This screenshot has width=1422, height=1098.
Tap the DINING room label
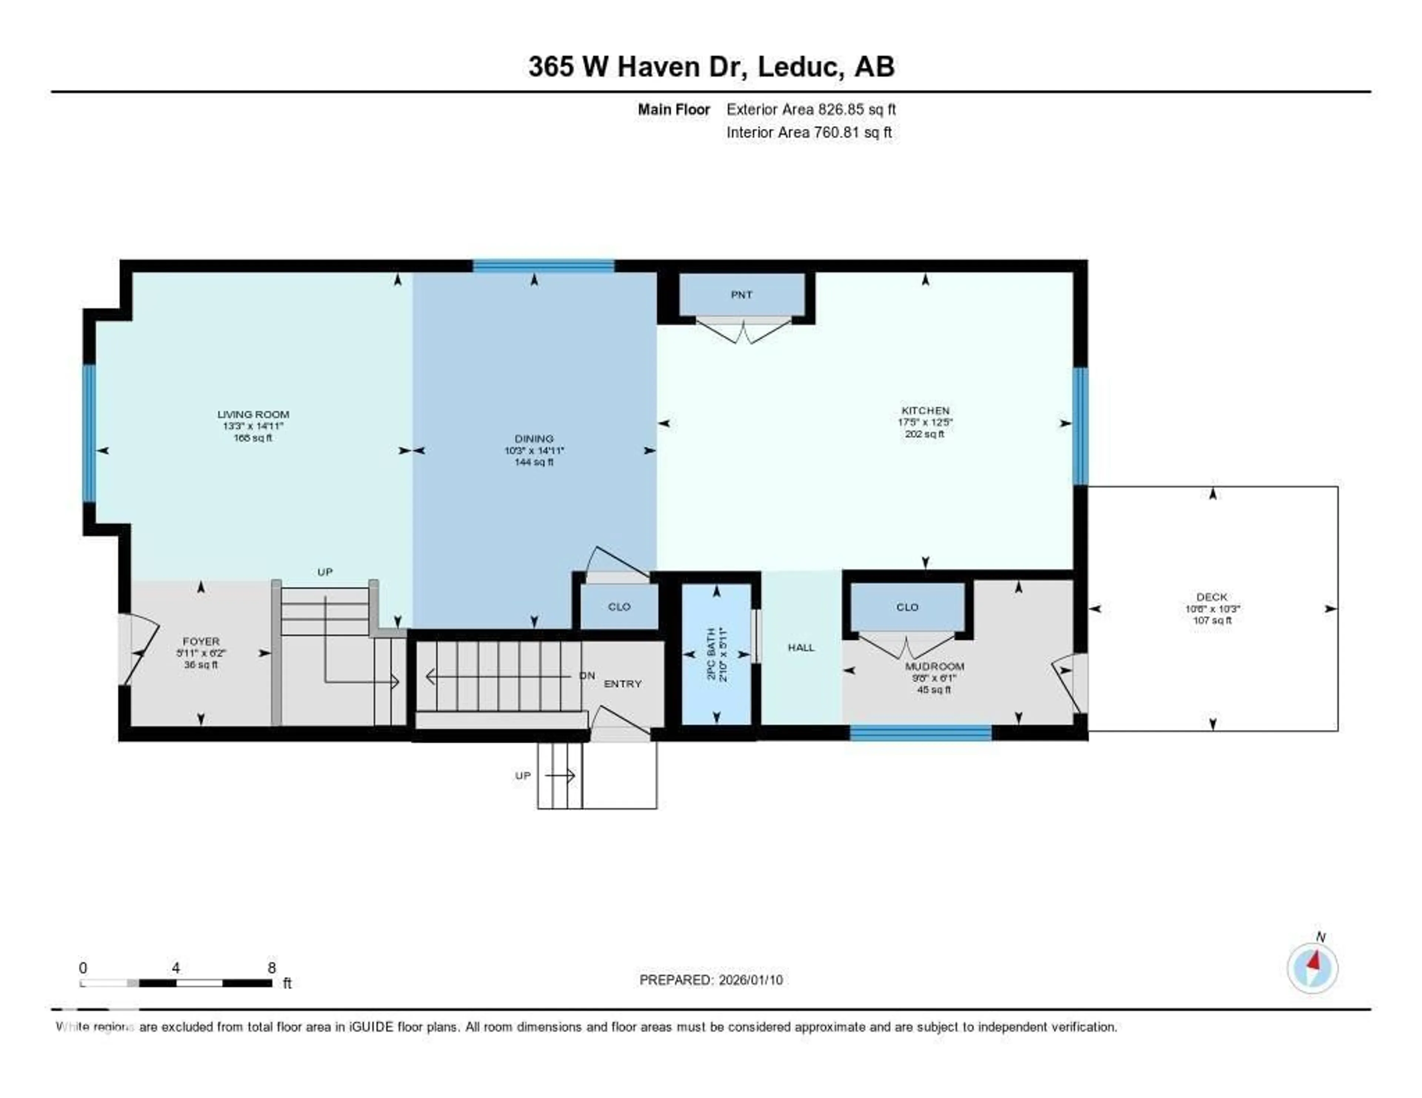click(534, 439)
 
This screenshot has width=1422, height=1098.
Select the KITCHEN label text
click(925, 411)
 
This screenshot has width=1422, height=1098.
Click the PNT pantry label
click(742, 295)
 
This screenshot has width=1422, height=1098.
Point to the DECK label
click(1212, 597)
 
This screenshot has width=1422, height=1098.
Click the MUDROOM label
click(934, 666)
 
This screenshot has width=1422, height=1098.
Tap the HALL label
click(801, 647)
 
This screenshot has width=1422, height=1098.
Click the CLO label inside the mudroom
click(907, 607)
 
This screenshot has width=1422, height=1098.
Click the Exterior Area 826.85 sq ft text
click(811, 109)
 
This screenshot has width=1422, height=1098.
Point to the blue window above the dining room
click(543, 265)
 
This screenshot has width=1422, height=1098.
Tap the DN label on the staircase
click(587, 676)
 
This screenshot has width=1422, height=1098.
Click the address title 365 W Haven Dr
click(711, 66)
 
